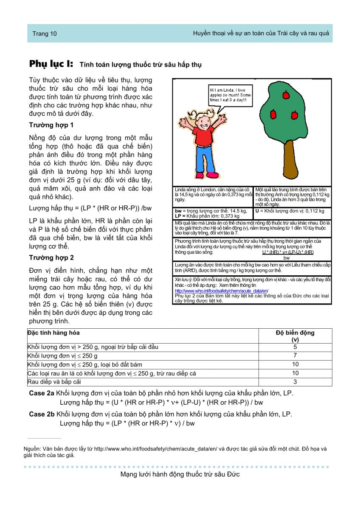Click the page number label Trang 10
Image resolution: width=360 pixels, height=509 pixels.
(x=45, y=34)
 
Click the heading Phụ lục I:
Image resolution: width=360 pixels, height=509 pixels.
(x=51, y=64)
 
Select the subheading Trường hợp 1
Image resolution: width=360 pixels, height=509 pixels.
(x=51, y=125)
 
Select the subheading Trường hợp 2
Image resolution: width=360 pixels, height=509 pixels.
(x=51, y=257)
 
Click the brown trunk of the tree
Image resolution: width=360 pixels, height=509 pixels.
(x=289, y=161)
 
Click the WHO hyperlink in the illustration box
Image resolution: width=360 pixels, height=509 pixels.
(x=221, y=291)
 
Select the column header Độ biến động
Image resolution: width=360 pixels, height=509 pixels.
(x=295, y=336)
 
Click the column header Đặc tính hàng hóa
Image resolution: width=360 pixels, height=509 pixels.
(x=53, y=333)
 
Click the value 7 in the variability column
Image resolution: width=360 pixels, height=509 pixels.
(x=295, y=355)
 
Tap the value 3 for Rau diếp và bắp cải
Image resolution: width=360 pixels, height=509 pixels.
(x=295, y=382)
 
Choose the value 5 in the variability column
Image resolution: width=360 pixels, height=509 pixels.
(x=295, y=347)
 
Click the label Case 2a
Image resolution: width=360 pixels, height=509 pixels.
(x=42, y=394)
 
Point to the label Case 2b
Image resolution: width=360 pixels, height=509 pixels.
(x=42, y=414)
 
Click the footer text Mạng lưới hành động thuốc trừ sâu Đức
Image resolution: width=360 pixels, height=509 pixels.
(x=180, y=474)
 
